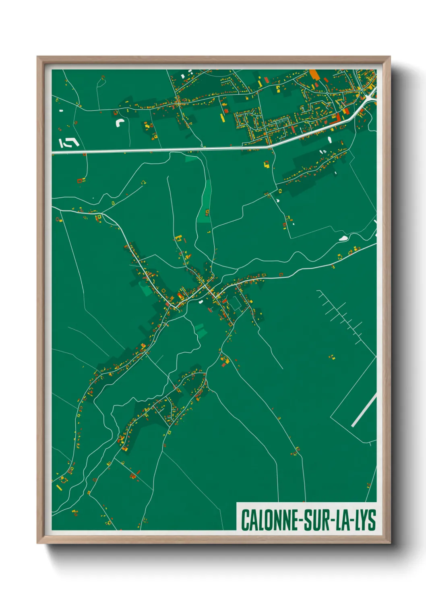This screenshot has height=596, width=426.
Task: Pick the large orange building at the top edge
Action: point(314,74)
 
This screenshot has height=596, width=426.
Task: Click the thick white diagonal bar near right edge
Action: point(364,410)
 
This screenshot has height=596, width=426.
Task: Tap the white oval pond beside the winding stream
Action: point(343,238)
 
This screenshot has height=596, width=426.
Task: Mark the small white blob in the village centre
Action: point(200,301)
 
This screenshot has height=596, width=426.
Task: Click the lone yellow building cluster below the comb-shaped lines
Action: point(332,356)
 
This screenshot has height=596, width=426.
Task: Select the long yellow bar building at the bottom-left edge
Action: point(59,488)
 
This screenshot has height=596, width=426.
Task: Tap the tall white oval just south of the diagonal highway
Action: point(330,140)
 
